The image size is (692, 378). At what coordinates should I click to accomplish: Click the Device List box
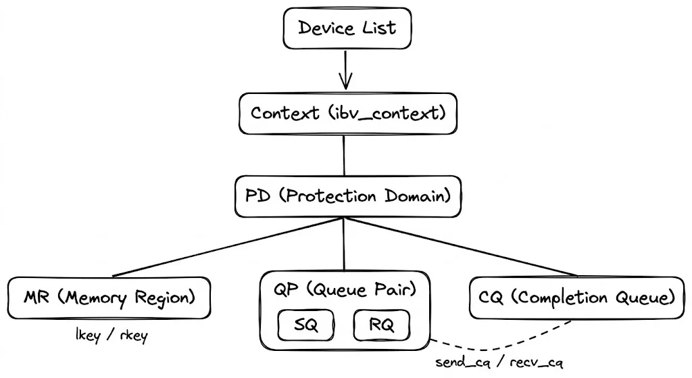coord(346,28)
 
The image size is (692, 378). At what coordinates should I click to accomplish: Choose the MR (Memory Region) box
coord(109,298)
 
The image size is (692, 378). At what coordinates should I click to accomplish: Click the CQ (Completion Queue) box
coord(576,298)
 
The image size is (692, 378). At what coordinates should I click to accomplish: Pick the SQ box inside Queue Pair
coord(307,327)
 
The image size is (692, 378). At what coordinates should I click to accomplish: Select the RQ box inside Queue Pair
coord(382,327)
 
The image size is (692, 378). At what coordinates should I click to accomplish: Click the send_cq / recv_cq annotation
coord(499,364)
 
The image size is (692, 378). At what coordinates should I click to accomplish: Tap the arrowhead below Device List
coord(346,82)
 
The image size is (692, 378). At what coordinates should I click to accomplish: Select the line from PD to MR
coord(230,247)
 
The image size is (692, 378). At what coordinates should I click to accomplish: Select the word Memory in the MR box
coord(96,298)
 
